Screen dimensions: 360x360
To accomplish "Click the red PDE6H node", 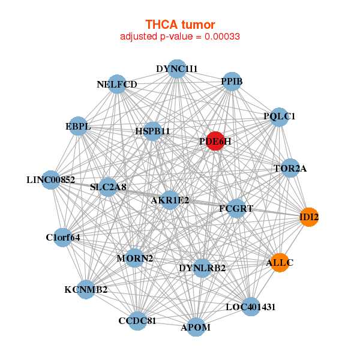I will point(215,141).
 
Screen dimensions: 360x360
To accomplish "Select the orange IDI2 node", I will point(309,217).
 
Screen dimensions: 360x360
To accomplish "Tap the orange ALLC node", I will point(280,262).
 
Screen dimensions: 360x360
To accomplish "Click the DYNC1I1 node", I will point(176,69).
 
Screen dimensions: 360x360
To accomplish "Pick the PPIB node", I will point(232,81).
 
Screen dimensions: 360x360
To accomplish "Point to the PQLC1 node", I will point(280,116).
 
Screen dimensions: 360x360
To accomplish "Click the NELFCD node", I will point(117,84).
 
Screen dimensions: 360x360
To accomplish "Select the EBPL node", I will point(78,127).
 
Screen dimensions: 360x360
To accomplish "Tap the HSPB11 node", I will point(152,131).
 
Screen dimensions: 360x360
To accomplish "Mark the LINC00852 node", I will point(51,179).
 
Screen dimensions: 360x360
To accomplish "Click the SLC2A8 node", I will point(108,187).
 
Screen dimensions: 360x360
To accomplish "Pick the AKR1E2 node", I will point(170,200).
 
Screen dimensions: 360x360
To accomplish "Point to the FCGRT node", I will point(236,209).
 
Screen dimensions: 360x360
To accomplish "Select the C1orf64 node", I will point(63,237).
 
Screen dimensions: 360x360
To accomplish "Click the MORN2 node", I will point(135,259).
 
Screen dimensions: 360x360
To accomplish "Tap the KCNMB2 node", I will point(86,290).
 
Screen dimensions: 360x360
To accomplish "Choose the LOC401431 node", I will point(251,307).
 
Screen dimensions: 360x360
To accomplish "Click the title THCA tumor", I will point(180,25).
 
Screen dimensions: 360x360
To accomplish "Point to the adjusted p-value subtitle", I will point(180,37).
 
